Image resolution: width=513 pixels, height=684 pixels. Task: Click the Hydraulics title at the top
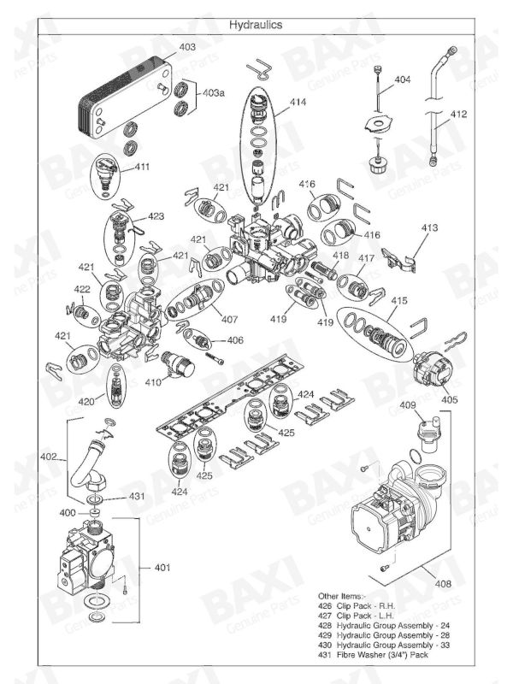256,25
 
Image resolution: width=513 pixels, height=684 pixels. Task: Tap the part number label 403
186,46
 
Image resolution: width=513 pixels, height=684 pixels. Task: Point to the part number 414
297,102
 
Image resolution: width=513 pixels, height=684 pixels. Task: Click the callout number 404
402,80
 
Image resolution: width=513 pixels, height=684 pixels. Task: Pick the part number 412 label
458,114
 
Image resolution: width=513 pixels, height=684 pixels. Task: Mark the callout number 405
449,398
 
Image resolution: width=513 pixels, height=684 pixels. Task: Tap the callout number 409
408,404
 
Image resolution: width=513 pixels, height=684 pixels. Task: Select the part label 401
162,567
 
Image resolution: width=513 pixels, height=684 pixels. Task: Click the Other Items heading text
343,595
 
